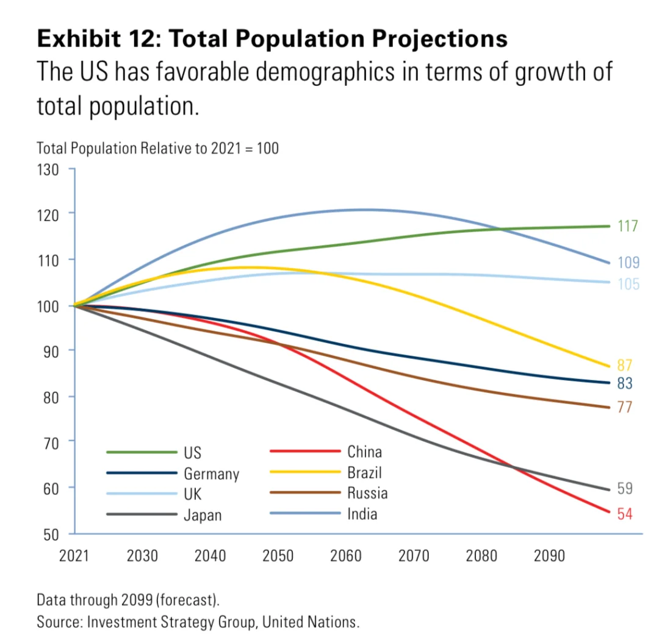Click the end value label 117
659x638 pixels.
627,226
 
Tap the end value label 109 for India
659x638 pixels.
628,263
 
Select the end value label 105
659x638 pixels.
628,284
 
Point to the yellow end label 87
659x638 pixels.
625,366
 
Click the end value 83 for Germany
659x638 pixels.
625,383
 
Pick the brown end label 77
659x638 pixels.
625,407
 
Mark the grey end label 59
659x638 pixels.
625,489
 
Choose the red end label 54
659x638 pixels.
625,514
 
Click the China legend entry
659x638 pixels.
364,452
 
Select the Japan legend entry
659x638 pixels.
203,515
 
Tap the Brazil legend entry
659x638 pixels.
364,472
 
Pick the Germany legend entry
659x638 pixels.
211,473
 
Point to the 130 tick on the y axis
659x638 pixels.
48,169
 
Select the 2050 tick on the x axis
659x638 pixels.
278,556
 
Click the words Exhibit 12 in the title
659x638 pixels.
98,39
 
